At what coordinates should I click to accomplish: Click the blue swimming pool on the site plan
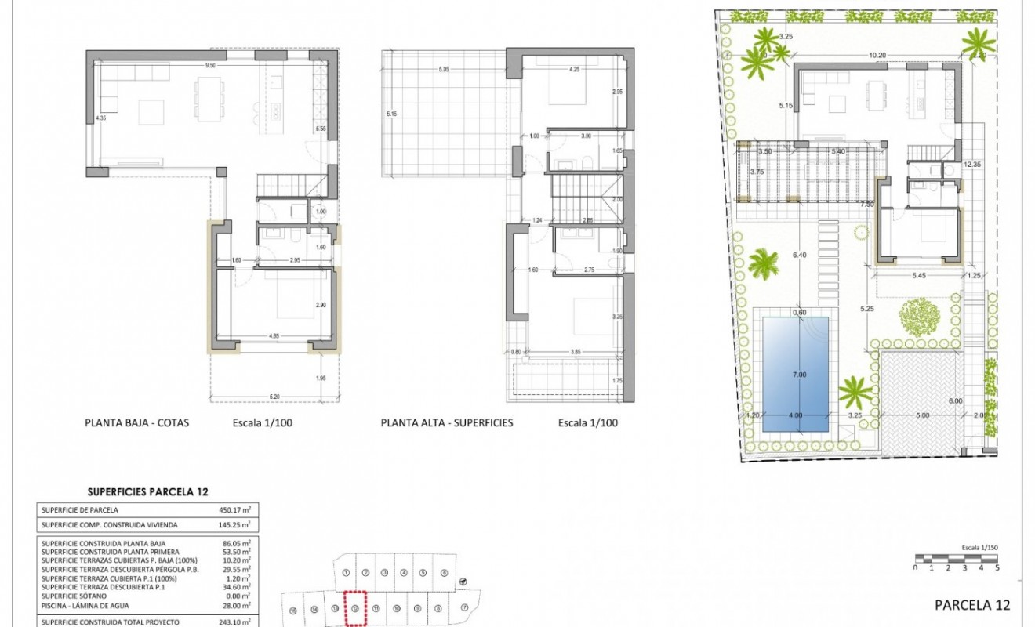792,375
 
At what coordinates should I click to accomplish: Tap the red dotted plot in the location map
356,608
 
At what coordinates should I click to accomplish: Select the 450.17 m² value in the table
235,509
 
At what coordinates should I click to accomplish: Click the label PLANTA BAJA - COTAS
137,422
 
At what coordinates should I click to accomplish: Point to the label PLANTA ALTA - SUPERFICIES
447,422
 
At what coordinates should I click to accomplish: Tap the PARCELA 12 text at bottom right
972,604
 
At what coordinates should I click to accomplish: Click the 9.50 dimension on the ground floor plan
210,66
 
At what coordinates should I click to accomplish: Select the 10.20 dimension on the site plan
877,55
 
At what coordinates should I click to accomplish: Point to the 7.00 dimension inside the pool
798,375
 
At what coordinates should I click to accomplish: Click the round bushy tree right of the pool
919,316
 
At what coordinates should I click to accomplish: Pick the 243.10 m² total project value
235,622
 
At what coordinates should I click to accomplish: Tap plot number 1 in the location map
346,573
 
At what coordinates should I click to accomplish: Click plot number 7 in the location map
464,607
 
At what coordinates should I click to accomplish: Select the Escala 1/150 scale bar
957,559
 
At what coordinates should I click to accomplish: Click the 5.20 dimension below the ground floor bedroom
274,397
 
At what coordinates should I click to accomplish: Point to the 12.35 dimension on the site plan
973,165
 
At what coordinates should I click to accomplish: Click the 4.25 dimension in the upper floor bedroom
575,69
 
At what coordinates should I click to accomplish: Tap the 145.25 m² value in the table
235,524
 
